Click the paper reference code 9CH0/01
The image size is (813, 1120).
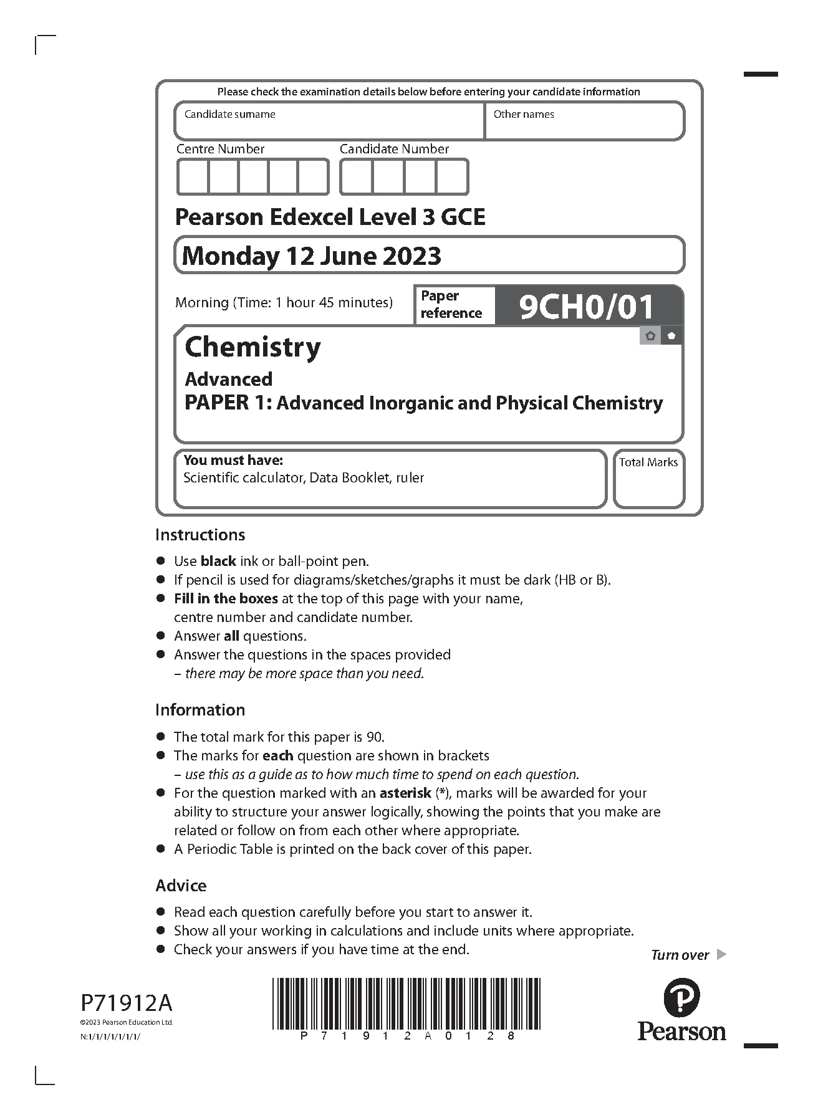click(586, 306)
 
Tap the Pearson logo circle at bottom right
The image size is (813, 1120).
click(681, 998)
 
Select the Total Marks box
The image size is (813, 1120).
click(648, 479)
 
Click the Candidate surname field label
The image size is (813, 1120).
click(229, 114)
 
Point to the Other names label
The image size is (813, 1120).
click(524, 114)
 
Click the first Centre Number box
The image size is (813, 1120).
click(193, 177)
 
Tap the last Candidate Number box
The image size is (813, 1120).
click(452, 177)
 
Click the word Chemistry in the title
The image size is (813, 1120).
click(253, 347)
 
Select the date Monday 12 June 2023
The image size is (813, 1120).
click(311, 256)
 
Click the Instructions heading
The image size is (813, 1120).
click(200, 535)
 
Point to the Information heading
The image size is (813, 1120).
click(200, 710)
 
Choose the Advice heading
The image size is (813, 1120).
click(181, 886)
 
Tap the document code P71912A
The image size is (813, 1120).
click(127, 1003)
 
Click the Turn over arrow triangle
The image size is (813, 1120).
click(722, 954)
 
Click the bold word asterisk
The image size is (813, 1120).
click(405, 793)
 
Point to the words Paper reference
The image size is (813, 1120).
click(451, 304)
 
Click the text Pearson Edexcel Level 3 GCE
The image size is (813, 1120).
click(330, 217)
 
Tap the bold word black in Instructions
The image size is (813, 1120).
click(218, 561)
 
